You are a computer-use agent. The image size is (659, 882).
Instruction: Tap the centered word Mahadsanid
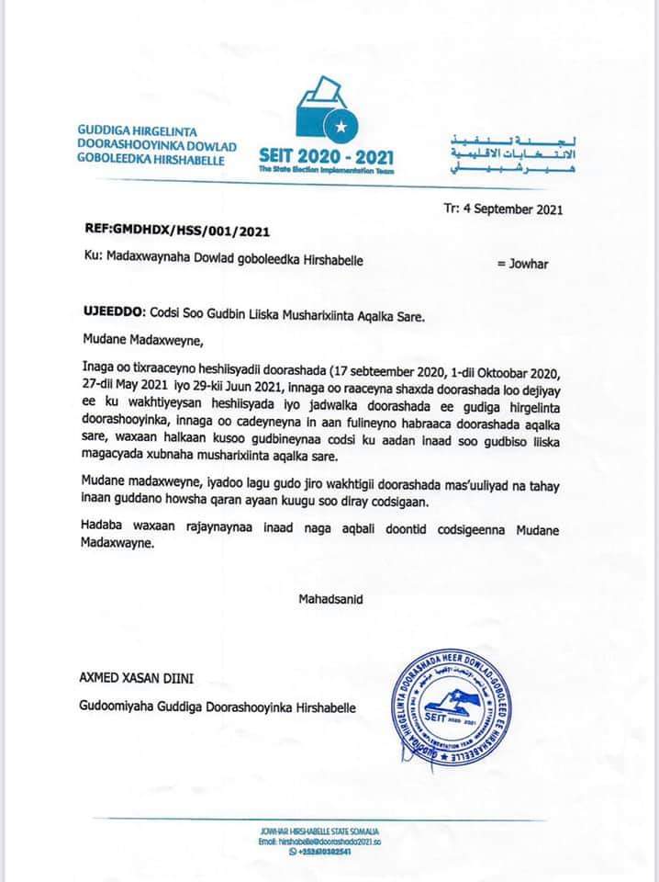[330, 599]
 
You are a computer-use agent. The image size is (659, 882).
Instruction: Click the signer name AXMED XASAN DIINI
[140, 679]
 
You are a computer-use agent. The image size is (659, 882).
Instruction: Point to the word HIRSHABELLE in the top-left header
[193, 161]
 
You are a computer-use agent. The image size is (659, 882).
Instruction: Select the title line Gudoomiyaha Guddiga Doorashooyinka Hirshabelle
[218, 707]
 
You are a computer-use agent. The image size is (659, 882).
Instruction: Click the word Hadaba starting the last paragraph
[103, 533]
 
